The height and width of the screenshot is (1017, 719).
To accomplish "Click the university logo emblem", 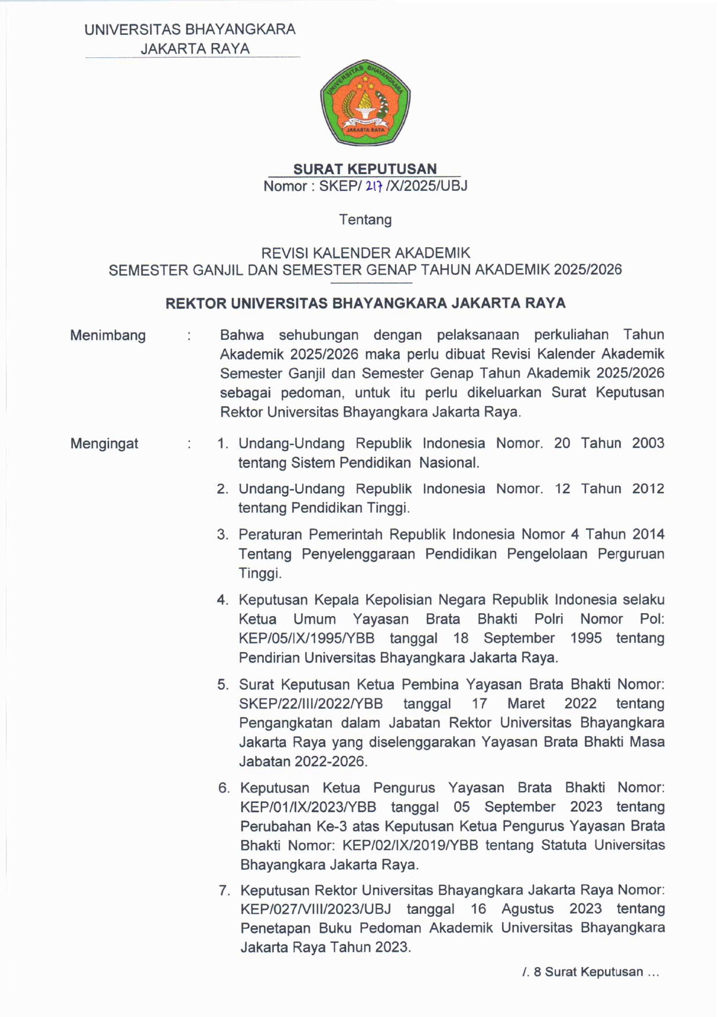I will (x=365, y=102).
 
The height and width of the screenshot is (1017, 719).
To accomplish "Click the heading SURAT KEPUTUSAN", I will (x=365, y=169).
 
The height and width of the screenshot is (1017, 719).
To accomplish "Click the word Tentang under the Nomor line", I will (x=365, y=219).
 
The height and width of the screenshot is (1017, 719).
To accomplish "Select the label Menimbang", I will (x=108, y=335).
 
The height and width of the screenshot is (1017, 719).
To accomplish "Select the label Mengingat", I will (x=104, y=444).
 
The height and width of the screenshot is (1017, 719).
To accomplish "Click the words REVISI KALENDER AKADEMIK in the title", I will (x=365, y=253).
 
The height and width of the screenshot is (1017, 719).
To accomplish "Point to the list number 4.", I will (x=223, y=600).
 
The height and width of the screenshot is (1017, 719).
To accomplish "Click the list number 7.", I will (x=224, y=890).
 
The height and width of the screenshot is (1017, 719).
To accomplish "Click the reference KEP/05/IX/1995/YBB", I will (x=306, y=638).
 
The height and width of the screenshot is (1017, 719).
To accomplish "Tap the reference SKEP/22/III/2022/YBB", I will (x=311, y=704).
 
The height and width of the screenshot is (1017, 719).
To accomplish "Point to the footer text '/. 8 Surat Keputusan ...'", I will (x=590, y=972).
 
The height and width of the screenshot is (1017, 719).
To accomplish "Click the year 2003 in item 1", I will (x=648, y=443).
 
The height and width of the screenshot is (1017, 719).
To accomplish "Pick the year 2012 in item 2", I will (x=648, y=488).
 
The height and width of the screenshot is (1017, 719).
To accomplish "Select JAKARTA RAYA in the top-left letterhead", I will (x=195, y=49).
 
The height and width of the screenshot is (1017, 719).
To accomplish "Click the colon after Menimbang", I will (x=189, y=336).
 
